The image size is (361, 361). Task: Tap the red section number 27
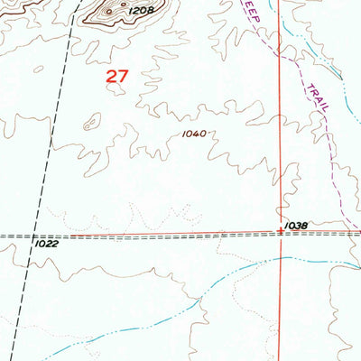coord(116,78)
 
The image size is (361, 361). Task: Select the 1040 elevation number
coord(193,133)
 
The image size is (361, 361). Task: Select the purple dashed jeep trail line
coord(298,68)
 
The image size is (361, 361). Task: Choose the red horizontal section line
coord(180,235)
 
